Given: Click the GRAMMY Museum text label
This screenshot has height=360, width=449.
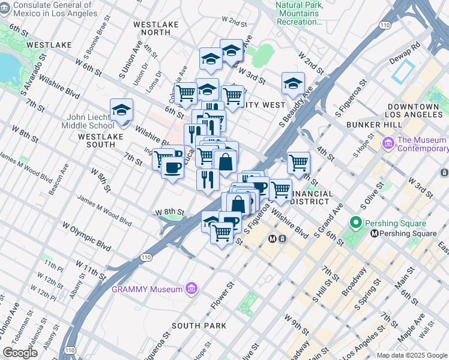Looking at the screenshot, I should coord(147,289).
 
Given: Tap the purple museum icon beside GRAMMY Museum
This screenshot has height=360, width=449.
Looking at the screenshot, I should coord(191,289).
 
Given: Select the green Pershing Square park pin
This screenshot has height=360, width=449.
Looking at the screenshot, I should coord(355,223).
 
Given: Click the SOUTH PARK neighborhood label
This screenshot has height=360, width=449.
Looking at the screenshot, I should coord(199,326).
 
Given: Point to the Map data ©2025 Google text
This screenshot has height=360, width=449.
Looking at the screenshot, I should coord(412,355).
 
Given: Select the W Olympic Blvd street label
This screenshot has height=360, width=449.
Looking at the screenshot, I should coord(87,237).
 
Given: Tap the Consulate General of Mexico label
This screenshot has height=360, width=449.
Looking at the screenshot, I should coord(48,9).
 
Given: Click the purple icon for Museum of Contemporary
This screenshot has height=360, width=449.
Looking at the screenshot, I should coord(388,144).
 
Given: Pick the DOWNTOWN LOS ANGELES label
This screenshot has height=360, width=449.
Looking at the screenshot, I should coord(415,110).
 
